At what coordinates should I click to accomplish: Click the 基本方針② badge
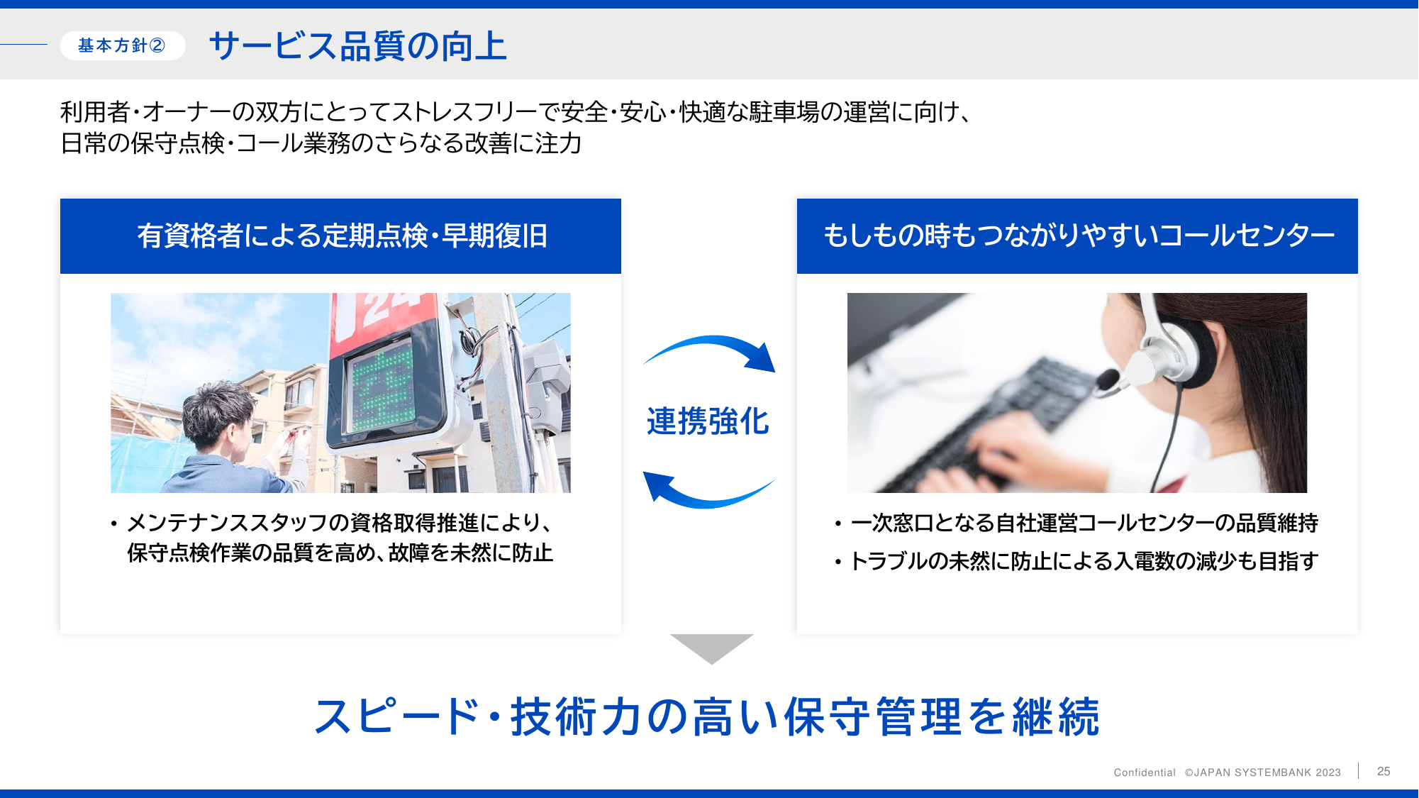tap(122, 45)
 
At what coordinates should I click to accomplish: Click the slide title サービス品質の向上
tap(358, 46)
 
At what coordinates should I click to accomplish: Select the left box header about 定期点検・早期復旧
tap(340, 236)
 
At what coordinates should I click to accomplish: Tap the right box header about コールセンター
tap(1077, 236)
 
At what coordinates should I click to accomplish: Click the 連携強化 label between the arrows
tap(708, 421)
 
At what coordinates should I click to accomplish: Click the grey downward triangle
tap(711, 647)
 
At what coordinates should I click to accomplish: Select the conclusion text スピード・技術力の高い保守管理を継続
tap(707, 716)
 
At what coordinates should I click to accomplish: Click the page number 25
tap(1384, 771)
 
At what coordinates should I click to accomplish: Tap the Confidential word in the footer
tap(1145, 772)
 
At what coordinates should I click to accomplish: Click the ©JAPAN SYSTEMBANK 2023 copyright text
tap(1263, 772)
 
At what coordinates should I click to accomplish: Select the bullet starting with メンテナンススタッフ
tap(332, 538)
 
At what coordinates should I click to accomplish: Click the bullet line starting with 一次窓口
tap(1076, 523)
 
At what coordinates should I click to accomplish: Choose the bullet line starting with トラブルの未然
tap(1076, 561)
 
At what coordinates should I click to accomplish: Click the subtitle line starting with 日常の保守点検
tap(321, 143)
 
